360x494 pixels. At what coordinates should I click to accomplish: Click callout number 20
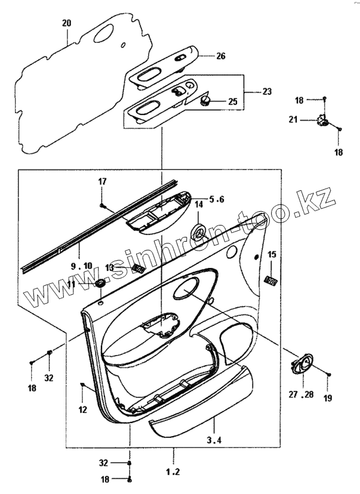click(66, 23)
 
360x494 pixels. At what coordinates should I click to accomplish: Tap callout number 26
click(221, 57)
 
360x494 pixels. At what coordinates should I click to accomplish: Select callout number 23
click(266, 92)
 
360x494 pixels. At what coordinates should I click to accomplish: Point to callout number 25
click(232, 102)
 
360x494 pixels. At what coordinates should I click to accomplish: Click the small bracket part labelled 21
click(324, 121)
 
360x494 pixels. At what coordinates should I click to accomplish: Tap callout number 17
click(102, 181)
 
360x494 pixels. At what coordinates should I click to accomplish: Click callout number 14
click(199, 205)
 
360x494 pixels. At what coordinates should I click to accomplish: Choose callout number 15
click(272, 255)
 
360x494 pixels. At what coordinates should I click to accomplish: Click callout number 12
click(82, 409)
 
